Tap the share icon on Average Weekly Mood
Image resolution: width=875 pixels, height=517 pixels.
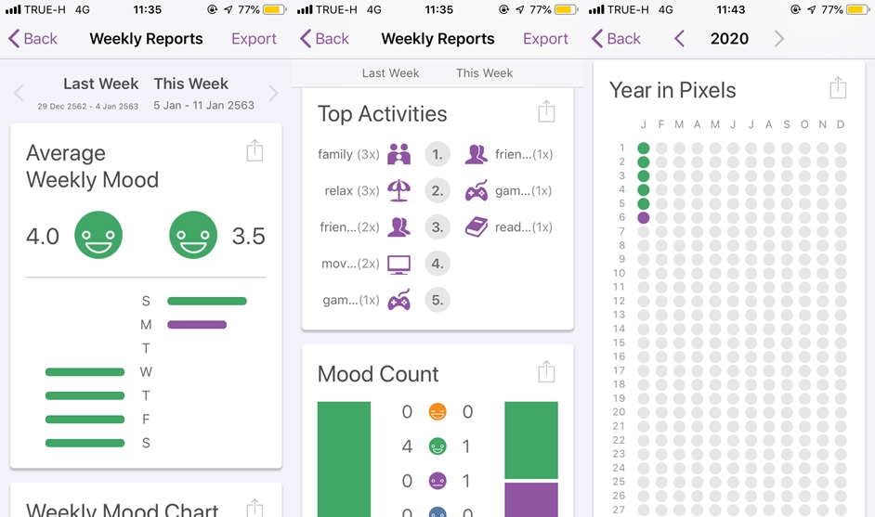point(255,151)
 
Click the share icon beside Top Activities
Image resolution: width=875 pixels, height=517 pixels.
point(546,112)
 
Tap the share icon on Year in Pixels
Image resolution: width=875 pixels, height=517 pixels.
point(838,88)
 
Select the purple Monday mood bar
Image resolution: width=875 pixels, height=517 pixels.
point(197,325)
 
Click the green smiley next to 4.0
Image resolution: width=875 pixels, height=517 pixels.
point(98,235)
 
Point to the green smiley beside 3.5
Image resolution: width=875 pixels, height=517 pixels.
point(193,235)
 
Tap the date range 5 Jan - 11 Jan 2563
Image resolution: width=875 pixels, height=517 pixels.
point(203,106)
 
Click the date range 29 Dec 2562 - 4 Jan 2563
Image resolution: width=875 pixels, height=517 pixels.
point(88,107)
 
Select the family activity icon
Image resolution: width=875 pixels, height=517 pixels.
point(399,154)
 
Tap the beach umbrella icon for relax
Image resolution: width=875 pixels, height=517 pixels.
point(398,190)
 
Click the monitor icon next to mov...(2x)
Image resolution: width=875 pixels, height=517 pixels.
point(398,264)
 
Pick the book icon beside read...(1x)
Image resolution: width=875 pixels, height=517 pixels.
point(477,226)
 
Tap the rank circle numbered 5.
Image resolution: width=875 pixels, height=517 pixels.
point(437,300)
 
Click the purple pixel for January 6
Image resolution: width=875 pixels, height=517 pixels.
point(644,217)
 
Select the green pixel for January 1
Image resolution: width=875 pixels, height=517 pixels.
point(644,148)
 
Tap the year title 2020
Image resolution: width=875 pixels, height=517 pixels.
point(729,39)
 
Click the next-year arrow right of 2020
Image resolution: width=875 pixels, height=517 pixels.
point(778,39)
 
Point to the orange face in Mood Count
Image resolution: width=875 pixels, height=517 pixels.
point(437,412)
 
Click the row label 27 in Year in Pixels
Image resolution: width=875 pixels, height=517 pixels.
point(620,510)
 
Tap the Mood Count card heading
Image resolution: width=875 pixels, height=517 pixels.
point(378,374)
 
